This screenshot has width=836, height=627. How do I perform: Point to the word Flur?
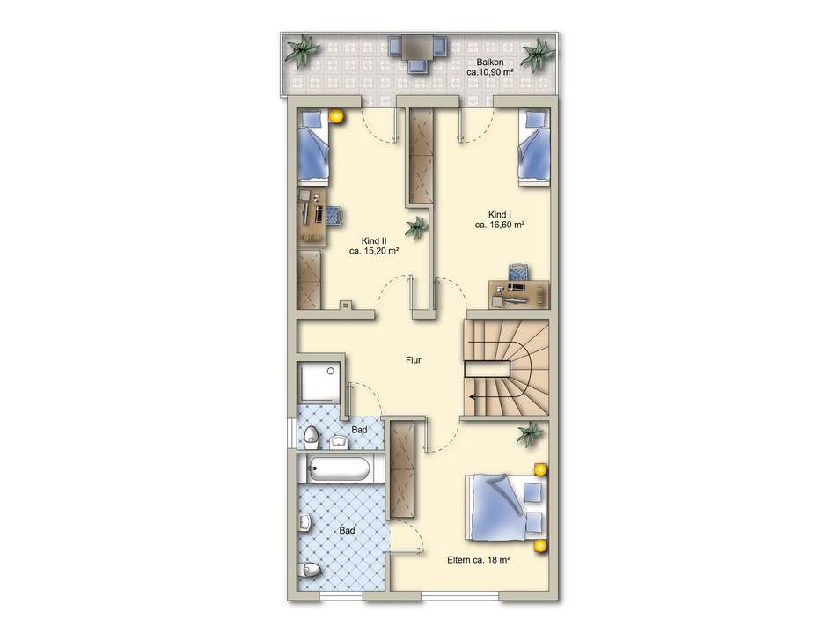pyautogui.click(x=414, y=360)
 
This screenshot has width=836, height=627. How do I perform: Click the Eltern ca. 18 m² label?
pyautogui.click(x=479, y=560)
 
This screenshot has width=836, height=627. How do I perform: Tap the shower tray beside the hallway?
pyautogui.click(x=319, y=382)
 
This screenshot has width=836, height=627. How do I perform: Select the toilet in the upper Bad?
pyautogui.click(x=311, y=438)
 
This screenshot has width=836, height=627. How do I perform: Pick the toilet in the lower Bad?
pyautogui.click(x=310, y=571)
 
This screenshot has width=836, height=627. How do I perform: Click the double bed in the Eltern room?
pyautogui.click(x=506, y=507)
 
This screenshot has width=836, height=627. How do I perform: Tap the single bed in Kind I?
pyautogui.click(x=533, y=148)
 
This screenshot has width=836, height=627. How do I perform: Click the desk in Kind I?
pyautogui.click(x=519, y=294)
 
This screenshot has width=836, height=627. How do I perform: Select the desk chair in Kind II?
pyautogui.click(x=334, y=216)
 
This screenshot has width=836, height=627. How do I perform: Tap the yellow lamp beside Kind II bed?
pyautogui.click(x=336, y=115)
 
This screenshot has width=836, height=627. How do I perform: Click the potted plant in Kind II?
pyautogui.click(x=416, y=228)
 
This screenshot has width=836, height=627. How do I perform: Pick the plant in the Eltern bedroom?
pyautogui.click(x=530, y=434)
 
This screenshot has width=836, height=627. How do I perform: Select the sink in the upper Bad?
pyautogui.click(x=339, y=442)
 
